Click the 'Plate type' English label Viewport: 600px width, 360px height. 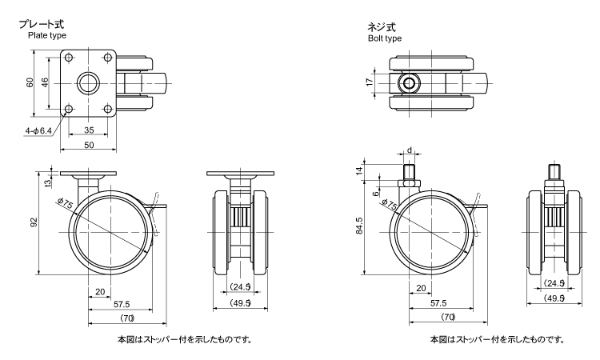point(46,36)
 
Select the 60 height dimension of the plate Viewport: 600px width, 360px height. point(30,83)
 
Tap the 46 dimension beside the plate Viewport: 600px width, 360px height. point(46,83)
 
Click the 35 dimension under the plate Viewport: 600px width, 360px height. point(89,130)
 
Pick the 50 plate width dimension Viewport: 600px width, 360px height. point(89,145)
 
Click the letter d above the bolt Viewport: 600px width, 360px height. point(409,150)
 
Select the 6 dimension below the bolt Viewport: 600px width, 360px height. point(378,193)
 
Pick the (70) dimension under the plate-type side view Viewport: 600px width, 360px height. point(120,319)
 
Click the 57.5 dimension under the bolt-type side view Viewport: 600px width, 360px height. point(438,304)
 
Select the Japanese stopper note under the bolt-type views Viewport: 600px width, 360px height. point(495,339)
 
